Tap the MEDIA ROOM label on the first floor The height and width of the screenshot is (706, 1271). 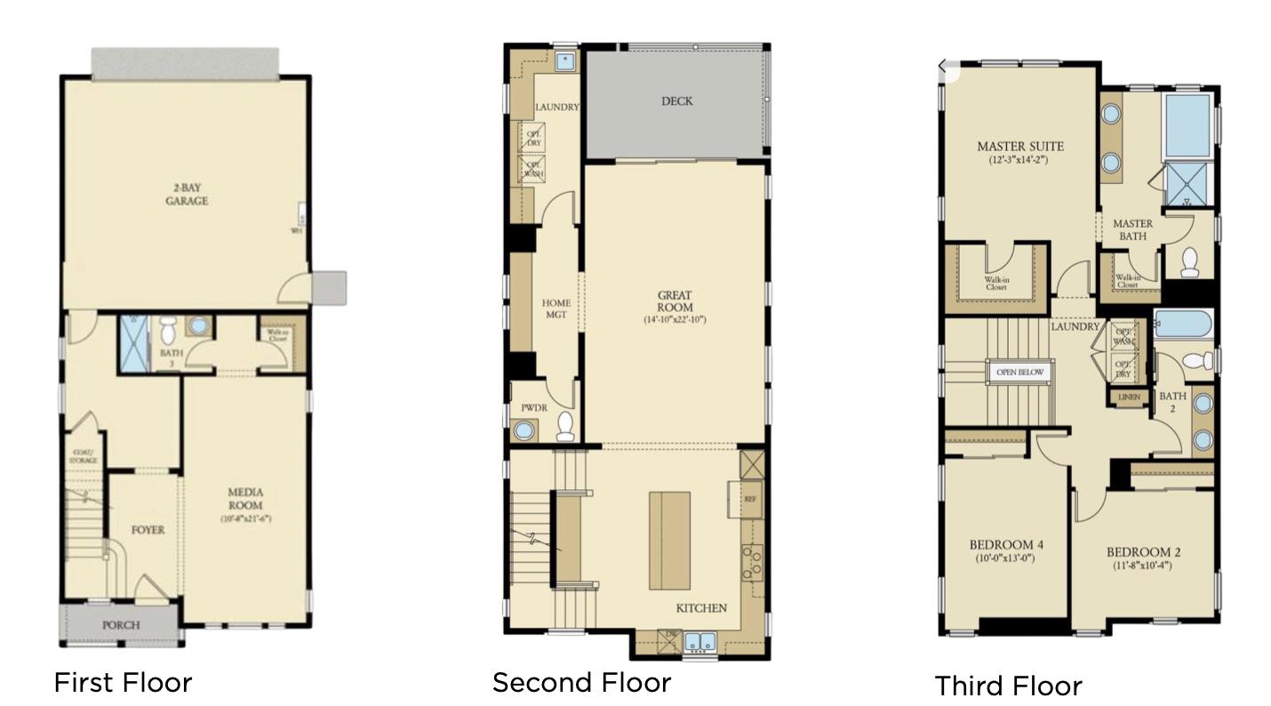coord(245,498)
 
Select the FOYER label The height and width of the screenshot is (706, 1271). coord(148,530)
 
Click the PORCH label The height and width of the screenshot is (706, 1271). coord(120,625)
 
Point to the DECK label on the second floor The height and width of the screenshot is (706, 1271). coord(676,101)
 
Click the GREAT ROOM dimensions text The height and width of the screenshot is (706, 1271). coord(675,319)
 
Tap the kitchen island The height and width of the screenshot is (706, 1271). coord(669,540)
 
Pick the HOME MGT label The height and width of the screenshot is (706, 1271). coord(556,309)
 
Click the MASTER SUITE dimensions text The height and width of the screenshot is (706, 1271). coord(1019,161)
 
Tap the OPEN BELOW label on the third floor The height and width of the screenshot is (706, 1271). coord(1019,372)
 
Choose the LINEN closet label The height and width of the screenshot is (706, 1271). coord(1129,397)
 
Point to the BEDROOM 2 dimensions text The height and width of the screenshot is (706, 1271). coord(1141,565)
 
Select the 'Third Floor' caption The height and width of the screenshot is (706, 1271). coord(1008,686)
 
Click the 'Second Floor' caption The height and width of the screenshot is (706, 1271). coord(581,682)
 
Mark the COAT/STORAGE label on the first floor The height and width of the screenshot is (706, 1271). coord(84,456)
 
